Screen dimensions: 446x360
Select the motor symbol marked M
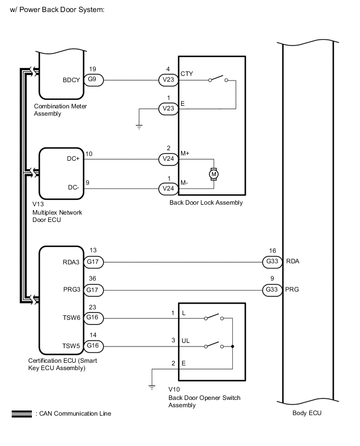[x=213, y=173]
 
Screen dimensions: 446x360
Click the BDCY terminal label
[x=71, y=80]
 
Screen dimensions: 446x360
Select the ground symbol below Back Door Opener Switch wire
[x=151, y=387]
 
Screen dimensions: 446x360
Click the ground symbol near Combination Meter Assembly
[x=139, y=127]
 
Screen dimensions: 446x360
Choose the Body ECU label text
[x=307, y=413]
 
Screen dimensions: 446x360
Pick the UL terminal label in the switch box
[x=186, y=340]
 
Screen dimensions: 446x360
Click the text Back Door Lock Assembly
[x=206, y=203]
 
